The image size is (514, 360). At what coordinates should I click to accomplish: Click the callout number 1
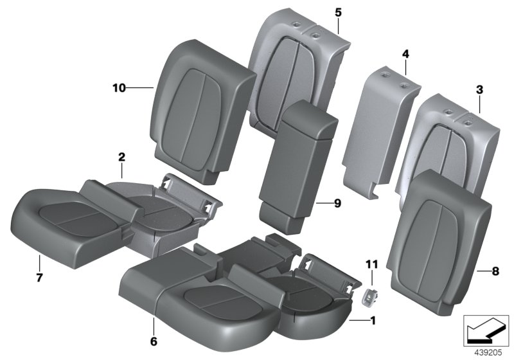pos(372,320)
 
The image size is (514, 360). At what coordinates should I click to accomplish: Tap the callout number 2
pos(121,157)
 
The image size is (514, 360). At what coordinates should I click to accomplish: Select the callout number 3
pos(479,89)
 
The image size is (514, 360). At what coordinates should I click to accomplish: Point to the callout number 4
pos(406,54)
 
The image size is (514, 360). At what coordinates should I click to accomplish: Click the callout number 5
pos(339,12)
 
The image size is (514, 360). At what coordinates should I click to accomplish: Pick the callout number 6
pos(154,341)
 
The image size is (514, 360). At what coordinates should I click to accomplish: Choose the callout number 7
pos(39,278)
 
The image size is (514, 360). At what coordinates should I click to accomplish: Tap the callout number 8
pos(495,271)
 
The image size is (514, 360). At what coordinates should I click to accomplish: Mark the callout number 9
pos(338,204)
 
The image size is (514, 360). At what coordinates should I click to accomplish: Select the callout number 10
pos(119,88)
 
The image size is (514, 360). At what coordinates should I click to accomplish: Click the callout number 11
pos(372,264)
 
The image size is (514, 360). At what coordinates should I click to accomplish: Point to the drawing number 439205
pos(488,353)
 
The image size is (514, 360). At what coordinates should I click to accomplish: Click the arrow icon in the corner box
pos(484,332)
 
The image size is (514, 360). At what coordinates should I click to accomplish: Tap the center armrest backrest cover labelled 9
pos(297,167)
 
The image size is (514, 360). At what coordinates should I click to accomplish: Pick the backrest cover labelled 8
pos(439,242)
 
